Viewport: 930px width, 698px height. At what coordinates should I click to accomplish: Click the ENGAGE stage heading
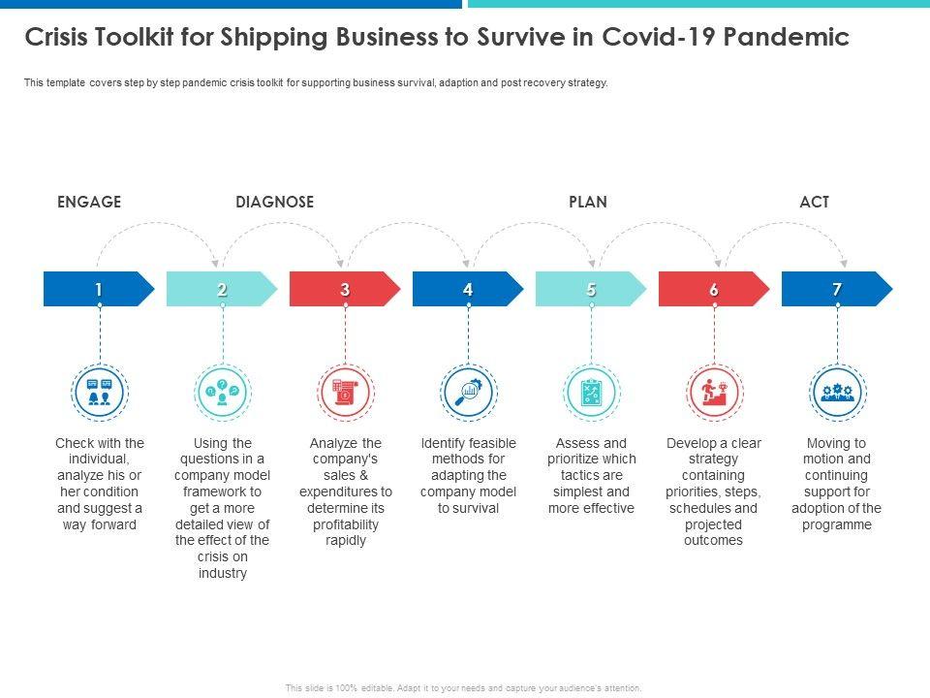point(89,202)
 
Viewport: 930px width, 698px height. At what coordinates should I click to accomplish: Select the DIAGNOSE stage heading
point(274,202)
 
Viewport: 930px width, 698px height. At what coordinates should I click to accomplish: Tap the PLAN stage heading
point(587,202)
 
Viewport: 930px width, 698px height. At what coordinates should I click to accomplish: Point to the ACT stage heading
point(814,202)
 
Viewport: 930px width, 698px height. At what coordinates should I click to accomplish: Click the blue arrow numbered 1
point(99,289)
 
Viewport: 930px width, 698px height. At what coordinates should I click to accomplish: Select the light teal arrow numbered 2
point(222,289)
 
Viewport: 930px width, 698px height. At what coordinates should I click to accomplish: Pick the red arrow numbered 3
point(345,289)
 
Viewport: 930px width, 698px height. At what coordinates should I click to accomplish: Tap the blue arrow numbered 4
point(468,289)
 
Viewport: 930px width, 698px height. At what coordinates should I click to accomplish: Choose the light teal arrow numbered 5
point(591,289)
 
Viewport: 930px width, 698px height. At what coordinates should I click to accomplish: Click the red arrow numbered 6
point(714,289)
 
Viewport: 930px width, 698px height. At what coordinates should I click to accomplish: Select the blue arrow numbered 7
point(837,289)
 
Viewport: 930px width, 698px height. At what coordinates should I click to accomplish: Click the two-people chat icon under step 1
point(99,392)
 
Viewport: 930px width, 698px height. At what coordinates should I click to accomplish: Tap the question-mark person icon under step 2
point(222,392)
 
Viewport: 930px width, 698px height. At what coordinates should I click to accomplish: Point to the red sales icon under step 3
point(345,392)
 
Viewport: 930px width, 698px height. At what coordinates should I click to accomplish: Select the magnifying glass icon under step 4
point(468,392)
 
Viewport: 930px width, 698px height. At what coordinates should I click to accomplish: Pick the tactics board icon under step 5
point(591,392)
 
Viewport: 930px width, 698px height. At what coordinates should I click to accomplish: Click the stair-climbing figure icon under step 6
point(714,392)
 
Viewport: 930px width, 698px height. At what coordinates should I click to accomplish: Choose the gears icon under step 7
point(837,392)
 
